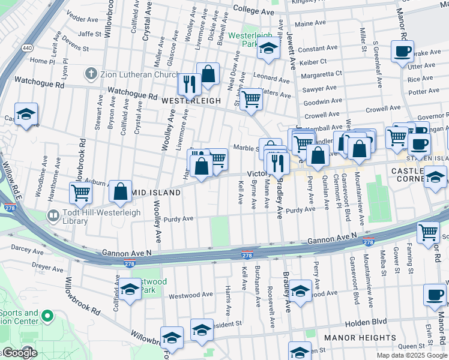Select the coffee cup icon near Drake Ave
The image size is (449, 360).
tap(402, 51)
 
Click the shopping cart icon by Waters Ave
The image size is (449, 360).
tap(252, 98)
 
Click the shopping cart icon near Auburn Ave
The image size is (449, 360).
tap(80, 193)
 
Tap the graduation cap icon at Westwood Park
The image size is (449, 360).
tap(130, 290)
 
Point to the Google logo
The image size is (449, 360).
tap(19, 353)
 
